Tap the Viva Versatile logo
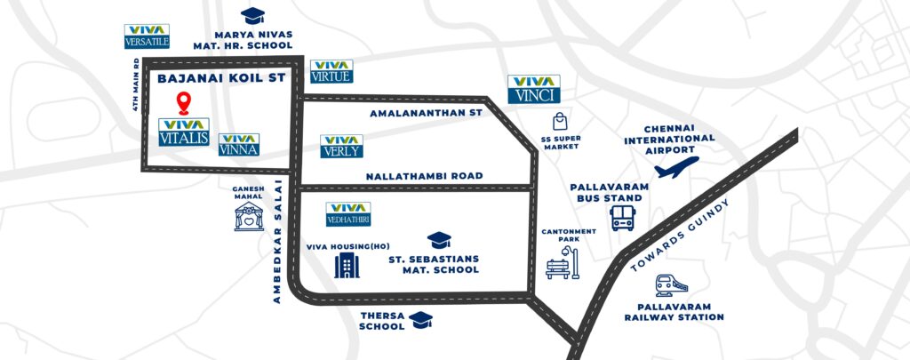point(146,36)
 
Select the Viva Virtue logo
point(331,71)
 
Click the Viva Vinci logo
point(534,88)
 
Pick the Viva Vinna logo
point(238,145)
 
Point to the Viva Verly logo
point(341,146)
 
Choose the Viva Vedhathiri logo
point(348,213)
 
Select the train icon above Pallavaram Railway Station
point(669,285)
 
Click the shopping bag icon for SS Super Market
point(559,121)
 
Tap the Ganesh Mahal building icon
point(249,216)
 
